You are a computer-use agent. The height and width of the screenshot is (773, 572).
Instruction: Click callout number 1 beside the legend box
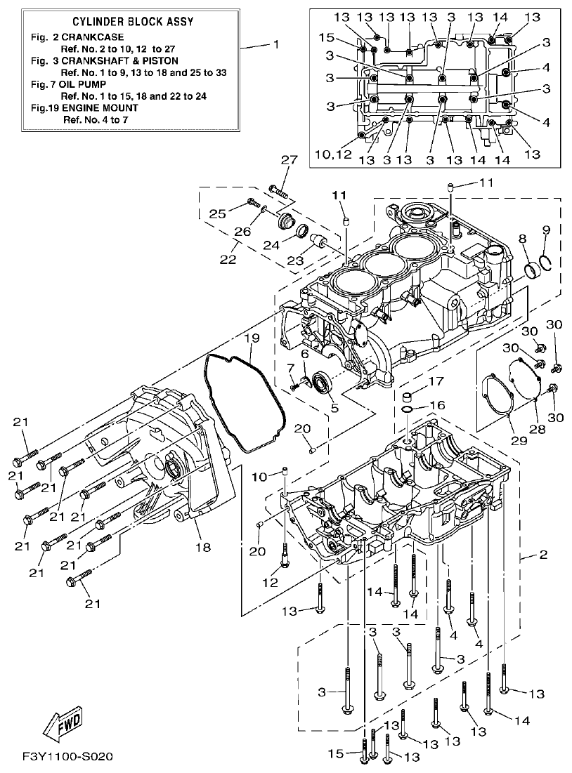tap(276, 44)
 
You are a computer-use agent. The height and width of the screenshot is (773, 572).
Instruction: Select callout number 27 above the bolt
tap(285, 160)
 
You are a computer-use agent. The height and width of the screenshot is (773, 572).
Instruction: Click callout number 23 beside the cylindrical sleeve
tap(295, 260)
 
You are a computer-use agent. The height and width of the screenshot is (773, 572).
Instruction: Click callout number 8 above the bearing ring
tap(522, 239)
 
